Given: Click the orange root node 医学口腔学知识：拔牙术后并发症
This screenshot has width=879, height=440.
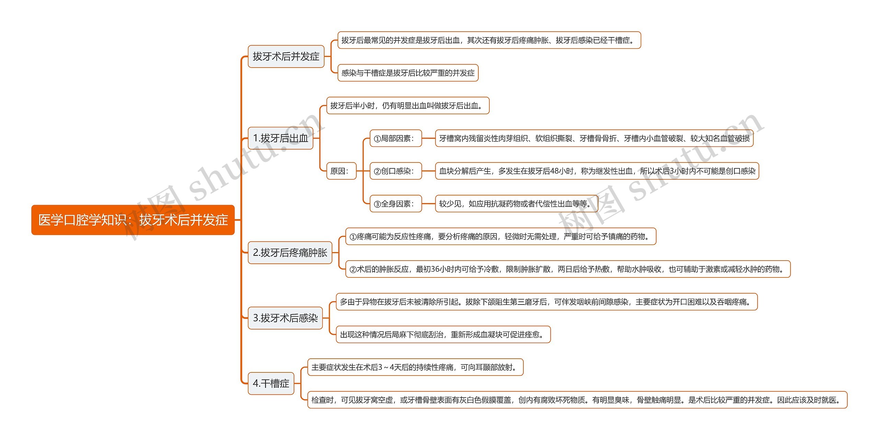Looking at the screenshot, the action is coord(133,220).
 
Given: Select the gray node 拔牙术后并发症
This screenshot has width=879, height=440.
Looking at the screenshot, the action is coord(286,57).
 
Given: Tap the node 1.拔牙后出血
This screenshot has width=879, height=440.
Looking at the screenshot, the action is coord(281,138).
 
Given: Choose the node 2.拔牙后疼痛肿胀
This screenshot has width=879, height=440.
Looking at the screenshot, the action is coord(290,253).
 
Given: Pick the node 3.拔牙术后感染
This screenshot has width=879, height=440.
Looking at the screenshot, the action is coord(285,318).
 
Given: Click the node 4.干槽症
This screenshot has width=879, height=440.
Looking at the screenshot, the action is coord(271,383).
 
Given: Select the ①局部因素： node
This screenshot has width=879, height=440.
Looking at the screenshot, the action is coord(396,139).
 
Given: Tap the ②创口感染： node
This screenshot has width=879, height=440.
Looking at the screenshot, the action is coord(396,171).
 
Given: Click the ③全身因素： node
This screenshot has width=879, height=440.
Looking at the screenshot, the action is coord(396,204).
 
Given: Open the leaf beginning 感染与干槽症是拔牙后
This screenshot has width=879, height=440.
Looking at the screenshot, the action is coord(408,73).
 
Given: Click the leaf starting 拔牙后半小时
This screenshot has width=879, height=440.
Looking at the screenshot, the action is coord(408,106).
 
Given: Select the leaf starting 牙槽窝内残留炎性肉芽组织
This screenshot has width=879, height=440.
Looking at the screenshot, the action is coord(594,139).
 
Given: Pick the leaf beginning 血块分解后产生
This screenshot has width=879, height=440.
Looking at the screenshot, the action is coord(597,171).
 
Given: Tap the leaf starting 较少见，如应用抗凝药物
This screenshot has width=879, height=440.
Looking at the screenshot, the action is coord(516,204).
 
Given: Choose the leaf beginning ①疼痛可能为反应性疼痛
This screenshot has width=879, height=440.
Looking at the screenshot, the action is coord(501,237).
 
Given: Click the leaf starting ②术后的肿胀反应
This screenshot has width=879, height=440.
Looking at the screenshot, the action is coord(568,269).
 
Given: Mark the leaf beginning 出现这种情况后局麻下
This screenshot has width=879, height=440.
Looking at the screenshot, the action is coord(443,335).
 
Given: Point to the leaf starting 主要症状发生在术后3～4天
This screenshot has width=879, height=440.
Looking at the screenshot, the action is coord(415,367).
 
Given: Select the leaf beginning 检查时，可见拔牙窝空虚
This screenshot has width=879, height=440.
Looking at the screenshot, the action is coord(577,400).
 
